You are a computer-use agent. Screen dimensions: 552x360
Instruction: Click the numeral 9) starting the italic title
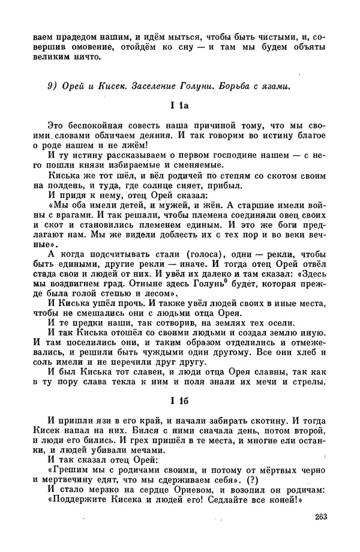(x=53, y=86)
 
